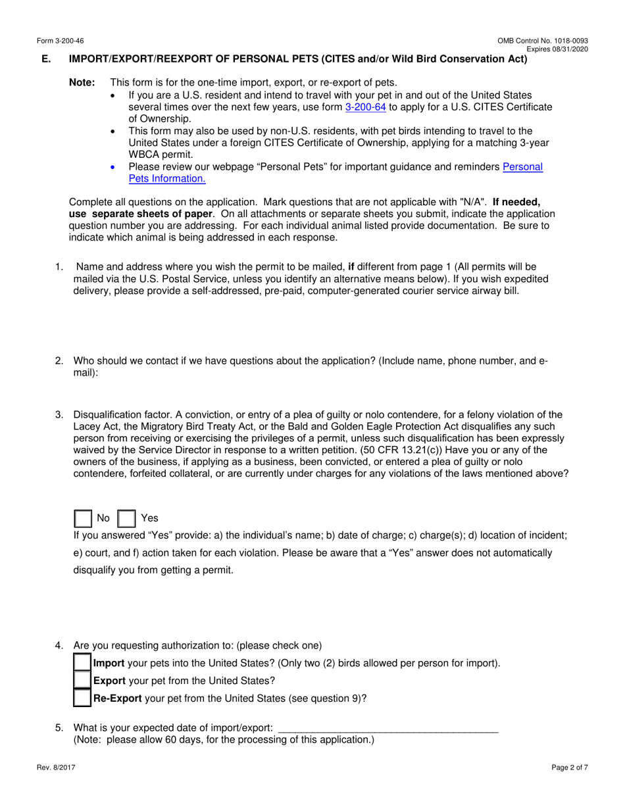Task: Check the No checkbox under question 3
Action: click(83, 518)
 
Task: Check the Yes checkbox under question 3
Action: click(126, 518)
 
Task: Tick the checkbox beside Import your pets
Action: click(82, 663)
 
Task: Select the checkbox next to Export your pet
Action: click(82, 681)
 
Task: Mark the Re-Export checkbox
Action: click(82, 698)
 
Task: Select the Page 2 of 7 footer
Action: click(570, 767)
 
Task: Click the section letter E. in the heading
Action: click(46, 59)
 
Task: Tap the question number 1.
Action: click(59, 267)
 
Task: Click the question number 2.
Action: click(59, 361)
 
